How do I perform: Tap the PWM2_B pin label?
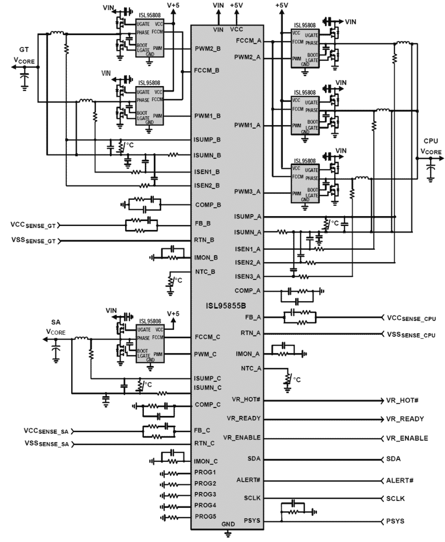(208, 48)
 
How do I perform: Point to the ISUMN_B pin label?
(207, 155)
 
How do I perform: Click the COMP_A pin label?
(247, 291)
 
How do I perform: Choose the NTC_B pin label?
(205, 272)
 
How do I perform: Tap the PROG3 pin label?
(205, 494)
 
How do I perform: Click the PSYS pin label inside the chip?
(252, 520)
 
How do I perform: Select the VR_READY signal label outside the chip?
(405, 419)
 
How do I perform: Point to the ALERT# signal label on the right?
(400, 481)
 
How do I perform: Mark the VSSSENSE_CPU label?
(411, 335)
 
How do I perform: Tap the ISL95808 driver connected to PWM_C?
(150, 343)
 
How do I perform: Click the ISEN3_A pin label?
(247, 276)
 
